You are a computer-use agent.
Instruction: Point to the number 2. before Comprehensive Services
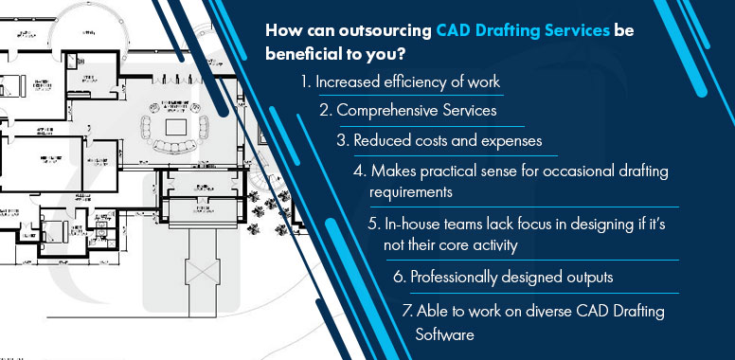point(325,111)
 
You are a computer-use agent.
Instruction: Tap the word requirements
point(411,190)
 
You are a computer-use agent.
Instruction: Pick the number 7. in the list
point(407,311)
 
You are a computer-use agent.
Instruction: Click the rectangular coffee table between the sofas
point(176,124)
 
